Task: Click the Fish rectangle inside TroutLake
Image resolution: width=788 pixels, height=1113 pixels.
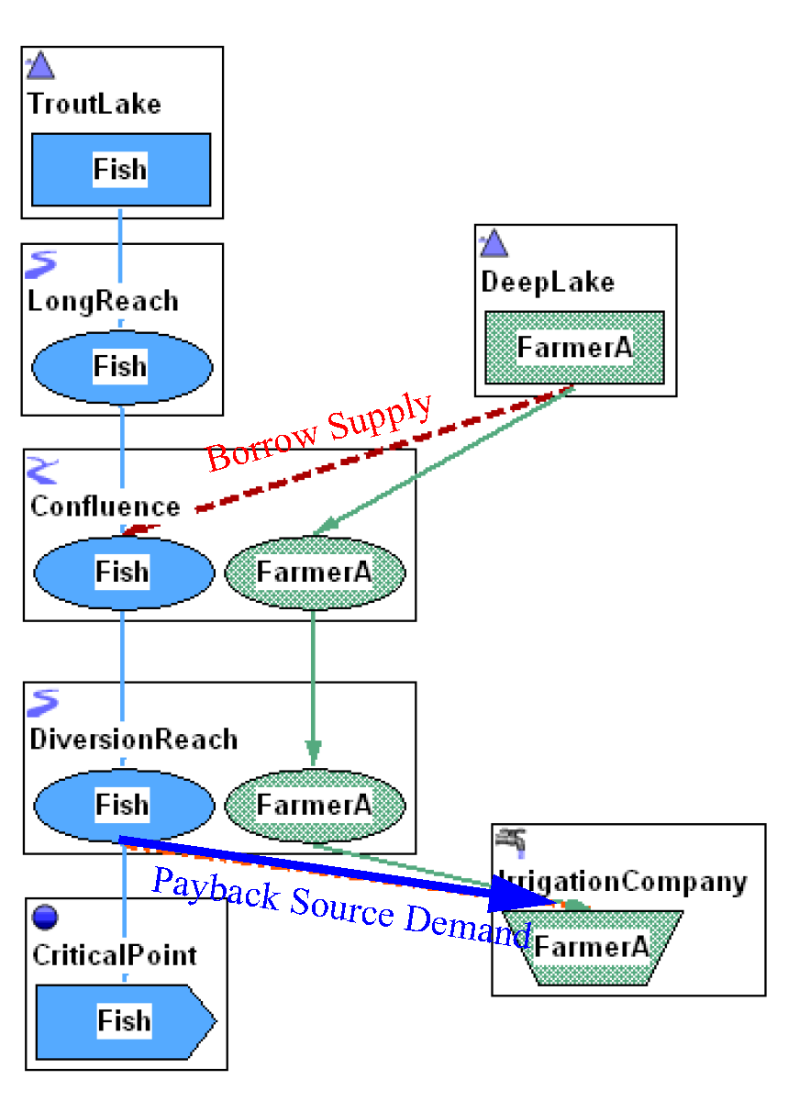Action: (120, 169)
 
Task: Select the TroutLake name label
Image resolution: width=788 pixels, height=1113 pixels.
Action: (94, 104)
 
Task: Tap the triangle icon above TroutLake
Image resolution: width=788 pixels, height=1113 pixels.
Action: (40, 66)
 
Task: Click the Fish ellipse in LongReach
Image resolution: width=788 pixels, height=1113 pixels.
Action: (121, 366)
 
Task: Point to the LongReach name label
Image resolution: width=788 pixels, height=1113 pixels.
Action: (104, 301)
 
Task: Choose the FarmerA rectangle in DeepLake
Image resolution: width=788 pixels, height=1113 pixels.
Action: (574, 347)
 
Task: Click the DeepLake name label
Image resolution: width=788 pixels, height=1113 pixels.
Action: (548, 282)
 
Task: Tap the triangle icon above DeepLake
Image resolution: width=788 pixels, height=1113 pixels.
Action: (494, 243)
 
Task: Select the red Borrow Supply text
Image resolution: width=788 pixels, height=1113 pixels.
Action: (318, 430)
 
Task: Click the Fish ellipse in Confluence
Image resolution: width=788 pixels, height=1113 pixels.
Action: (122, 572)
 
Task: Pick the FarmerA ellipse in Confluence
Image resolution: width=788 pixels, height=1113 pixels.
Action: (314, 572)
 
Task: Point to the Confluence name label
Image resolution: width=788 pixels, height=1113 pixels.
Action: (105, 506)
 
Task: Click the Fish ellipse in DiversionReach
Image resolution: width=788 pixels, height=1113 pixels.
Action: (122, 805)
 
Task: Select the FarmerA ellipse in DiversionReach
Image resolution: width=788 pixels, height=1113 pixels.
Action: (314, 805)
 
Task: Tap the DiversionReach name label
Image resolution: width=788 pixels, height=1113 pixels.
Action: (134, 740)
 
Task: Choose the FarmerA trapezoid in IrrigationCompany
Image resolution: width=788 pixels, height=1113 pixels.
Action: (592, 947)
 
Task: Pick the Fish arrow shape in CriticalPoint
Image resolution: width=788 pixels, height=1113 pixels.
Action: (124, 1019)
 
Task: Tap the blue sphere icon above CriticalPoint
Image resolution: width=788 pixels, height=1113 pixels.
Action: (44, 917)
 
